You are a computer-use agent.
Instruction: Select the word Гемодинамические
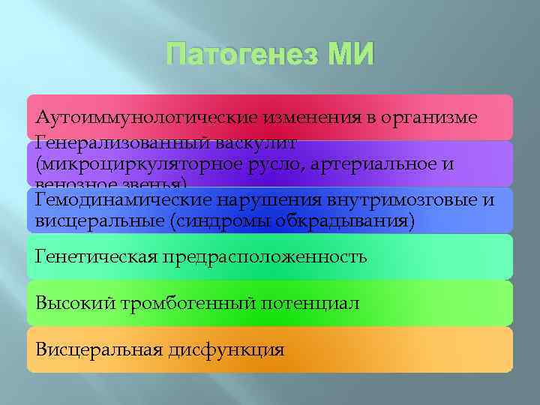click(x=124, y=200)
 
